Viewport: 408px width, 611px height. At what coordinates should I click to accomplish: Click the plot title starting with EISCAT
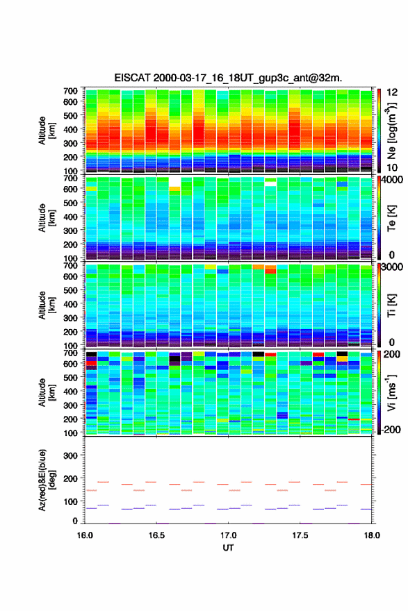click(x=228, y=78)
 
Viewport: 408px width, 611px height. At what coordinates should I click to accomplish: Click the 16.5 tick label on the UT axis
click(x=156, y=535)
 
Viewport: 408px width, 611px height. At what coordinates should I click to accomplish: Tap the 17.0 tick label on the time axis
click(x=228, y=535)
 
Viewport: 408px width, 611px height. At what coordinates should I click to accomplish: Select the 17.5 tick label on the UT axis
click(x=300, y=535)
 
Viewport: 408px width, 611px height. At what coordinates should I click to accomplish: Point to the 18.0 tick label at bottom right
click(x=372, y=535)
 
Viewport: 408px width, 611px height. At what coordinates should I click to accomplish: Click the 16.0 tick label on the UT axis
click(x=85, y=535)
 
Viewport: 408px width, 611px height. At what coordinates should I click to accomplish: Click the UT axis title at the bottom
click(x=228, y=548)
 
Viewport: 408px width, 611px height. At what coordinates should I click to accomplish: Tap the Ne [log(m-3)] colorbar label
click(x=391, y=131)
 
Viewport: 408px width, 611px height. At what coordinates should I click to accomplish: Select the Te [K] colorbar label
click(x=391, y=218)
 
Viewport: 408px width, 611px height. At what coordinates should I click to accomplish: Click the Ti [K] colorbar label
click(x=391, y=305)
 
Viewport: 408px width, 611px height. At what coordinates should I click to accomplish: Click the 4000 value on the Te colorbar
click(x=391, y=180)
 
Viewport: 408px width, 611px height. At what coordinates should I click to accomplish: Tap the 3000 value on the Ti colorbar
click(x=391, y=267)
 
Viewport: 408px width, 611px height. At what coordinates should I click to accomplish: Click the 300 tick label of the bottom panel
click(x=70, y=455)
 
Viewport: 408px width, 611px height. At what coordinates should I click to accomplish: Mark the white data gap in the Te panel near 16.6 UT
click(x=174, y=182)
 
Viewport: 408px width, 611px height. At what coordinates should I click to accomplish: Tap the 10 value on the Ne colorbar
click(x=391, y=167)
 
